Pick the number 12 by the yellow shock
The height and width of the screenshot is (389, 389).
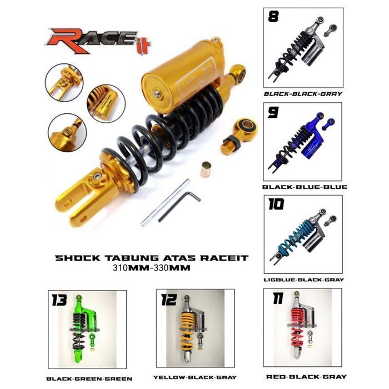point(169,300)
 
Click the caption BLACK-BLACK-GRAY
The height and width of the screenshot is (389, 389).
point(302,94)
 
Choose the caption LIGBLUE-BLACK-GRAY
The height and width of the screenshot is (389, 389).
point(304,280)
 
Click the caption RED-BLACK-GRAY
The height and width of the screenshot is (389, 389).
point(306,376)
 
